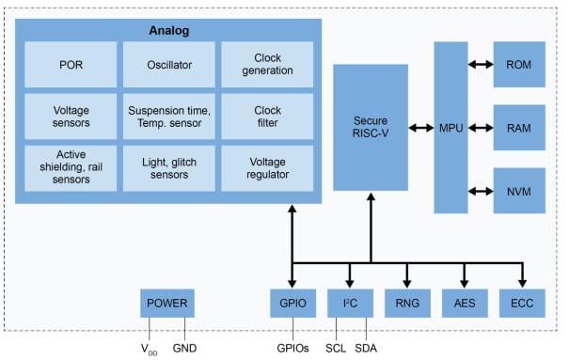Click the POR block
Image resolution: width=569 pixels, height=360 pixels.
[71, 64]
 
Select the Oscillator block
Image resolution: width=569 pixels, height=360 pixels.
[169, 64]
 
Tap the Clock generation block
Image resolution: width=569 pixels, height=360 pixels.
[267, 64]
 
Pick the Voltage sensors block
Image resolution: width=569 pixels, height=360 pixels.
[71, 116]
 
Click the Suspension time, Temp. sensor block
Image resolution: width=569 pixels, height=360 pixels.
[169, 116]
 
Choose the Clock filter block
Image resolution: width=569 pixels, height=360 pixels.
[267, 116]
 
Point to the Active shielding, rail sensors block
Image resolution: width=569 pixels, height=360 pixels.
[71, 167]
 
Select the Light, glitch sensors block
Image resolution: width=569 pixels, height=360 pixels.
[169, 167]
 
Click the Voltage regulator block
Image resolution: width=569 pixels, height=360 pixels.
[267, 167]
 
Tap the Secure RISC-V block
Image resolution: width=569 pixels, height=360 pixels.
[371, 128]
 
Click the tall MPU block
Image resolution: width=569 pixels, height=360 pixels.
[450, 128]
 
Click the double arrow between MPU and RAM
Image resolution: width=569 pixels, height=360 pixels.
[481, 128]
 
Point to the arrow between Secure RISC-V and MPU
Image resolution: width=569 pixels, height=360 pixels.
[420, 128]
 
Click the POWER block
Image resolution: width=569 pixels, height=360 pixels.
[167, 304]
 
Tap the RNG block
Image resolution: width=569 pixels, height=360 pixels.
[407, 304]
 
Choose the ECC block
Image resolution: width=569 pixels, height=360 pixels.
[522, 304]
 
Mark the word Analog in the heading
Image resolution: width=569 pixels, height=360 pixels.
[169, 30]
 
